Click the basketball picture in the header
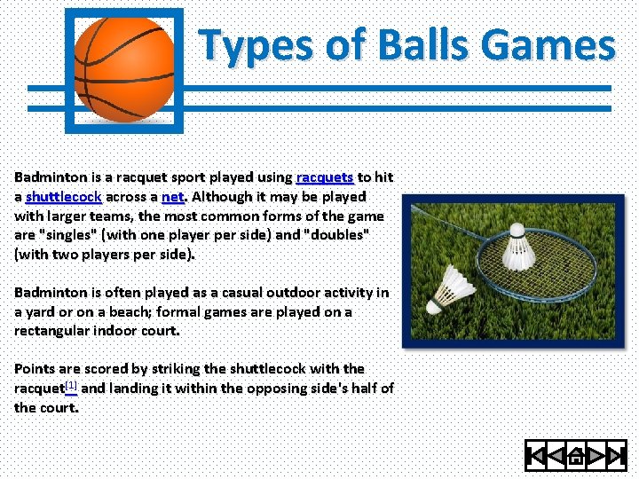tap(124, 68)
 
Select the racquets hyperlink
tap(324, 177)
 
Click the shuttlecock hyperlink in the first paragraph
tap(63, 197)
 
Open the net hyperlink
tap(173, 197)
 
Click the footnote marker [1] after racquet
tap(71, 386)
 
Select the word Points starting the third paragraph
tap(35, 368)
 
